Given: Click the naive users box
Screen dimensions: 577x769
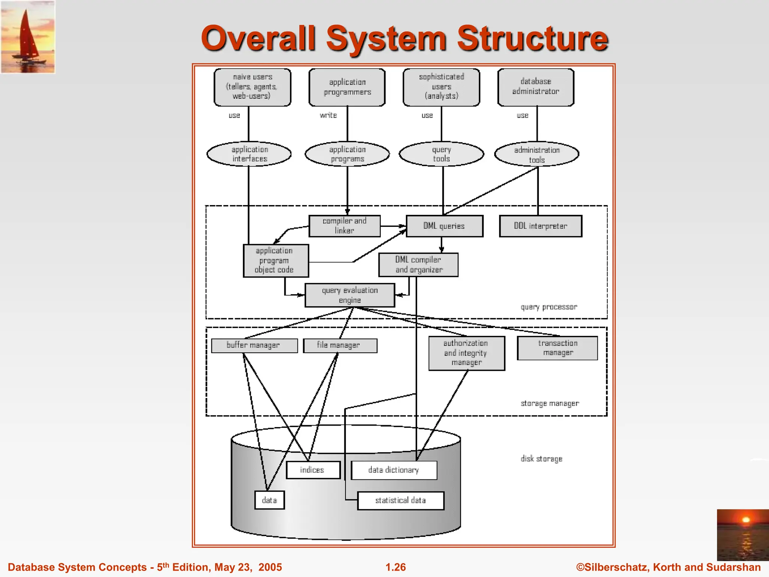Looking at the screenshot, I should tap(252, 87).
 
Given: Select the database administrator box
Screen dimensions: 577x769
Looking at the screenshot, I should tap(536, 87).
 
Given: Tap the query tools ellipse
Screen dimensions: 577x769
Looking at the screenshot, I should tap(441, 154).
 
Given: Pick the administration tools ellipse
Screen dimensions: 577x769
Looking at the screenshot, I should tap(537, 154).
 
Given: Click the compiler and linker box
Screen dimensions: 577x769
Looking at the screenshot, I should tap(344, 226).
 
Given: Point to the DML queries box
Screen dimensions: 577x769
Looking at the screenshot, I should tap(444, 226).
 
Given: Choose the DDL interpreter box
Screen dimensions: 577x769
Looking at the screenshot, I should tap(540, 226).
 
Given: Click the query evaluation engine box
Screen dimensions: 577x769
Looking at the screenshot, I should tap(350, 295).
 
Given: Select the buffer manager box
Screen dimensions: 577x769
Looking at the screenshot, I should tap(254, 345).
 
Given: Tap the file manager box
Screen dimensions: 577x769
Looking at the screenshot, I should tap(340, 345).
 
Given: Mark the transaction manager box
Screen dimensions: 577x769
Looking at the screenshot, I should tap(557, 348).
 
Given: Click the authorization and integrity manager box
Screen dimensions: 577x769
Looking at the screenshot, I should tap(466, 353).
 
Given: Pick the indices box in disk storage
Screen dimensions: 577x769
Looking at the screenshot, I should tap(313, 470).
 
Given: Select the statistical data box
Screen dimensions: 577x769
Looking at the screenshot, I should tap(401, 500).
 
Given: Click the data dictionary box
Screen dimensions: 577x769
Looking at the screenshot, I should tap(394, 470).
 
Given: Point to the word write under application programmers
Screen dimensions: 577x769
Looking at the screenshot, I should tap(328, 115).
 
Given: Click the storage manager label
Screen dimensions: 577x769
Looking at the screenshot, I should tap(549, 403).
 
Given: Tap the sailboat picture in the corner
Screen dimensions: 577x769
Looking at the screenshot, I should tap(28, 37).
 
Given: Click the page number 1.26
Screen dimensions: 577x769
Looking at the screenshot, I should tap(395, 567).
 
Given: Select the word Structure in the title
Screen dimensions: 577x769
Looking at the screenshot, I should tap(532, 38).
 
